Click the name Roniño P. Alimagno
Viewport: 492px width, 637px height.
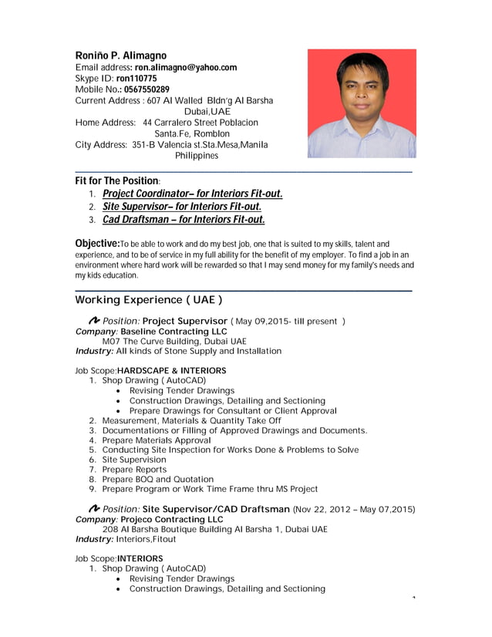[x=120, y=56]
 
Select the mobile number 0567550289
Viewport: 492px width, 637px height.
[x=147, y=89]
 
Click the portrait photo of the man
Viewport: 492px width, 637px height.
[x=362, y=103]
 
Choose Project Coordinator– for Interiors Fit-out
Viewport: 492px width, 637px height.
[x=193, y=194]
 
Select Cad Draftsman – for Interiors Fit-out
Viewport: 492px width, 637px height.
[x=184, y=220]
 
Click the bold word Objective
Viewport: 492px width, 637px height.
[x=96, y=244]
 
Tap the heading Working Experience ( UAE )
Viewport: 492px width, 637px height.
[x=149, y=299]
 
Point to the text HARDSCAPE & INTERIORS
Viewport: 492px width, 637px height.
[x=172, y=370]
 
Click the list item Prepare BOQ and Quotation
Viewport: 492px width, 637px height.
[x=157, y=479]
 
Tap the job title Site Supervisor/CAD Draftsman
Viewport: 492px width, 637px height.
[x=217, y=510]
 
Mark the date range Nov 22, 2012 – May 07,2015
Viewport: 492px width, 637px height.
[x=355, y=510]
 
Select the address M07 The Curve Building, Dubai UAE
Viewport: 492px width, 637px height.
[x=174, y=341]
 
